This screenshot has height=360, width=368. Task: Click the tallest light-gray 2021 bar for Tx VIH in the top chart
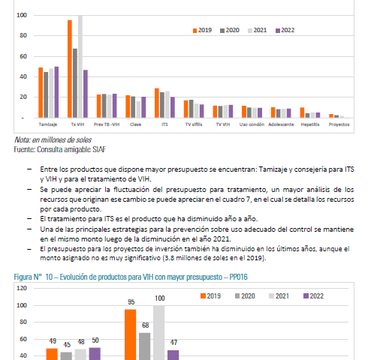[80, 67]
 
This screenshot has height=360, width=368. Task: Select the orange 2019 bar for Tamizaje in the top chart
[41, 92]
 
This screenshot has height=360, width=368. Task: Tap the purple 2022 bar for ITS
[173, 107]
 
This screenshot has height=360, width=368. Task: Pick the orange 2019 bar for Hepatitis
[302, 112]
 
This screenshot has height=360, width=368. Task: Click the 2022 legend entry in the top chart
[285, 30]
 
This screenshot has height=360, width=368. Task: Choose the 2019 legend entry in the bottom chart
[210, 296]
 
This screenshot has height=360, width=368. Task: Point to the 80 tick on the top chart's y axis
[23, 35]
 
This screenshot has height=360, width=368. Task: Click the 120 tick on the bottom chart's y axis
[22, 288]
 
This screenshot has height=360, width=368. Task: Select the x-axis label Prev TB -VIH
[107, 124]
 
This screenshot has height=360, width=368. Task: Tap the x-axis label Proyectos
[339, 124]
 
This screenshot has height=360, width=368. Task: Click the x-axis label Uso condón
[252, 124]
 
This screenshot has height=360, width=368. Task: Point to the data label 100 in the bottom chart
[160, 298]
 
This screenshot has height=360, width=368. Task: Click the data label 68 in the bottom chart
[146, 325]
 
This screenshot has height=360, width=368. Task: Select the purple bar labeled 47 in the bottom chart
[173, 355]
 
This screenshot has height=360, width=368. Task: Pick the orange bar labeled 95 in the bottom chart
[131, 334]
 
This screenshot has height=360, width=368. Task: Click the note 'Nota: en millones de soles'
[53, 139]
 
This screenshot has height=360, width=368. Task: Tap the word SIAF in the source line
[99, 149]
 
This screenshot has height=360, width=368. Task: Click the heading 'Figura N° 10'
[34, 277]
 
